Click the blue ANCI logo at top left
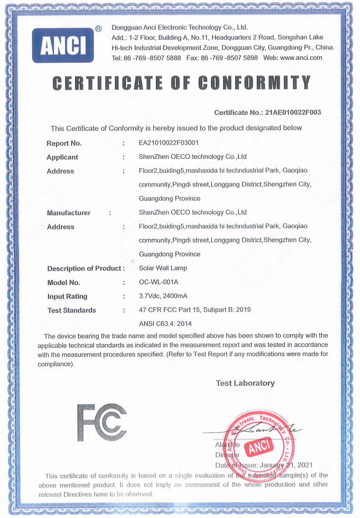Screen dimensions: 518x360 click(63, 45)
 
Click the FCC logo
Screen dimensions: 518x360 click(101, 422)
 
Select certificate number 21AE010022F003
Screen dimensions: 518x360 click(293, 112)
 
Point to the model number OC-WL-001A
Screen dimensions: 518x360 click(158, 282)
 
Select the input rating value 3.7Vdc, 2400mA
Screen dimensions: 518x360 click(166, 297)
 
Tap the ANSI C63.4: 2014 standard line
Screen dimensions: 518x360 click(165, 323)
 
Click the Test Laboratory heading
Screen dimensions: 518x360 click(245, 383)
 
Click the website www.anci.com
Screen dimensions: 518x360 click(301, 57)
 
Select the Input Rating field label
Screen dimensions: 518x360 click(67, 297)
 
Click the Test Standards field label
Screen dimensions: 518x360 click(72, 311)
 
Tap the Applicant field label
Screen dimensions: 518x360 click(62, 157)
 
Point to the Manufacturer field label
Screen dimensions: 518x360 click(69, 213)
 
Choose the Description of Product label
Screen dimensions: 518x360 click(86, 268)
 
